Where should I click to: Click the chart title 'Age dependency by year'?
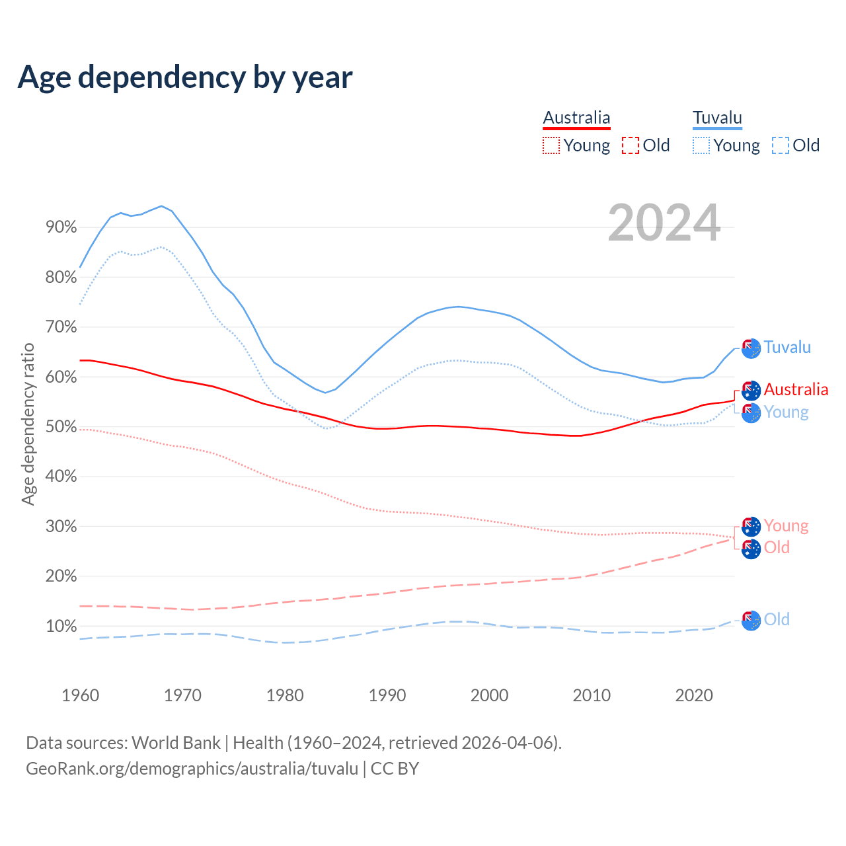[x=185, y=77]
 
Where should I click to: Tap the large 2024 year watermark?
[x=664, y=223]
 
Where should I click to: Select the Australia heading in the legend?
[x=576, y=118]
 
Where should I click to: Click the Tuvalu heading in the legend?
[x=717, y=118]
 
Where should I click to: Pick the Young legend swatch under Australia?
[x=551, y=145]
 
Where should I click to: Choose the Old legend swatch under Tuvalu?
[x=780, y=145]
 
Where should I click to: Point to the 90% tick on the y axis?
[x=61, y=227]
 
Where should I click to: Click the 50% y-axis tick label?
[x=61, y=427]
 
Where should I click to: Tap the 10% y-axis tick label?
[x=61, y=626]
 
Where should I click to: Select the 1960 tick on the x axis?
[x=80, y=695]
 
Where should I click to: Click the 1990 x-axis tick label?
[x=387, y=695]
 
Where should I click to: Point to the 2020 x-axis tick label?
[x=693, y=695]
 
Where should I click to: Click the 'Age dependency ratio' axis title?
[x=28, y=424]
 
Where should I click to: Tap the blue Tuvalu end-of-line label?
[x=787, y=347]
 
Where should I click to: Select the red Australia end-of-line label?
[x=796, y=389]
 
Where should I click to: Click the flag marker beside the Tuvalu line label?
[x=751, y=348]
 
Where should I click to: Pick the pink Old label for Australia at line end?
[x=777, y=547]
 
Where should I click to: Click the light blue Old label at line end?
[x=777, y=619]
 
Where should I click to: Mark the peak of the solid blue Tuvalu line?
[x=161, y=206]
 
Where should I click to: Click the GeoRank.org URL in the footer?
[x=192, y=769]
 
